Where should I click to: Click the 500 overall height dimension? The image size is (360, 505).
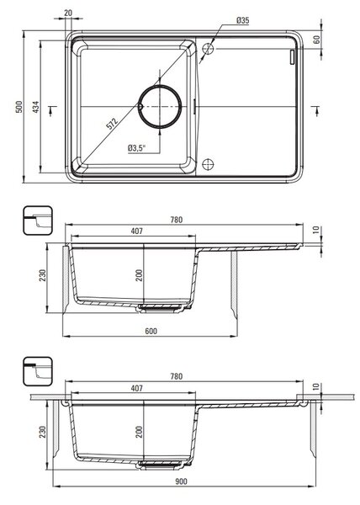point(19,107)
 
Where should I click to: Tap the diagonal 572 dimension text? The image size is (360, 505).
point(112,124)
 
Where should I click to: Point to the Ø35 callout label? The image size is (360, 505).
point(243,20)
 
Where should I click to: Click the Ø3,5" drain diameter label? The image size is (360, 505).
point(137,148)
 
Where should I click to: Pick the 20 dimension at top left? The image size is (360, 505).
point(68,13)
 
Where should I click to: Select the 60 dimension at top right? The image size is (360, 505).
point(317,40)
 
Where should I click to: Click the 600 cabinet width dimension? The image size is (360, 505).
point(151,331)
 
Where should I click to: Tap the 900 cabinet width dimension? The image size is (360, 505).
point(181,481)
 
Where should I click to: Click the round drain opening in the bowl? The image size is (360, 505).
point(160,106)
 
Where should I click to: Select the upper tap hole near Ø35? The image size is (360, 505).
point(208,49)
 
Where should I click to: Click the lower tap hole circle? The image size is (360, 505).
point(208,164)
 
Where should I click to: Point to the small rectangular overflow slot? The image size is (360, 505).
point(292,57)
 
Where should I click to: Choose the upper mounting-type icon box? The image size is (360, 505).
point(38,221)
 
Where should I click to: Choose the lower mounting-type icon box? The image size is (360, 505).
point(38,371)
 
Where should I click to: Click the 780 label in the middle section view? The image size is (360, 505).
point(177,220)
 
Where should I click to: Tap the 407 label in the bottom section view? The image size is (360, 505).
point(137,388)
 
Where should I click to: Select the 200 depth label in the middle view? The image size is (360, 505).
point(139,275)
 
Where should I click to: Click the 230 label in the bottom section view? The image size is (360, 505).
point(42,433)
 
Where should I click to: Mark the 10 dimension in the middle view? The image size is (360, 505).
point(316,230)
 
